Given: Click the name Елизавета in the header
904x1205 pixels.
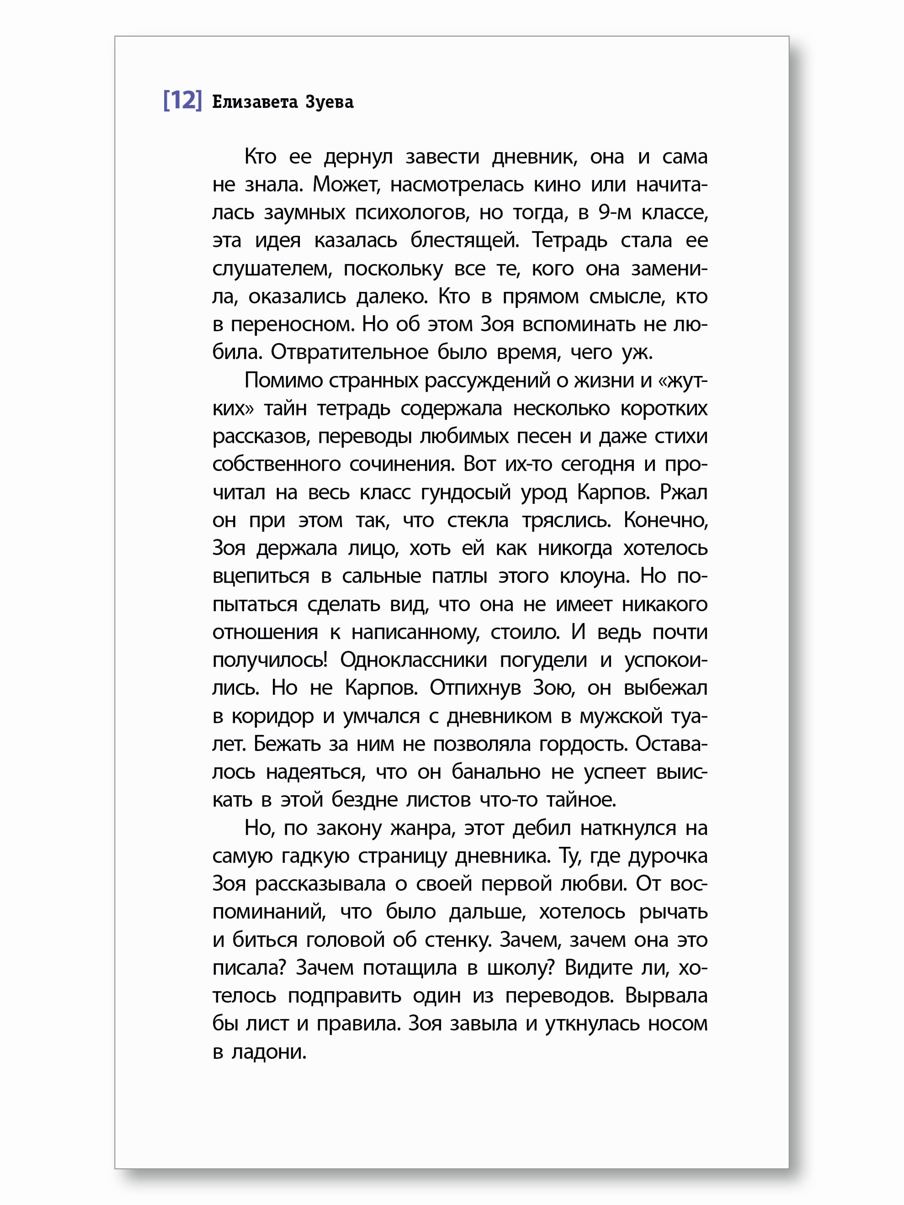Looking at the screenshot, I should point(255,102).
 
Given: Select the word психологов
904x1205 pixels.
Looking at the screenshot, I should point(412,213).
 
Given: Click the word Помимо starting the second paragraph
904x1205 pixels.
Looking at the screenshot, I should point(283,380).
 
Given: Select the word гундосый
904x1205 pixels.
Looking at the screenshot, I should point(466,492).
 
